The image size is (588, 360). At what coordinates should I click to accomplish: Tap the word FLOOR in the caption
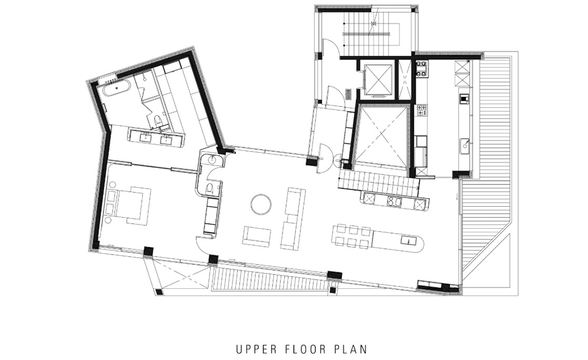click(305, 350)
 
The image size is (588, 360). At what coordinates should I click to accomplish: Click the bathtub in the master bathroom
click(116, 88)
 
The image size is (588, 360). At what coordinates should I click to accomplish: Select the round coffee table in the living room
click(261, 204)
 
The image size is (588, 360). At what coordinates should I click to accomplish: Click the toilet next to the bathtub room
click(158, 120)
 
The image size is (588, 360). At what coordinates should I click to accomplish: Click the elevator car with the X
click(379, 79)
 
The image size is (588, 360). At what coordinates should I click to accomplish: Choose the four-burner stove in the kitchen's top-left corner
click(421, 69)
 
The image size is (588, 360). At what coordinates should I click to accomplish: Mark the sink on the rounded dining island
click(407, 240)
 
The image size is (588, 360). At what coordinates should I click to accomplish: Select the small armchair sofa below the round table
click(257, 237)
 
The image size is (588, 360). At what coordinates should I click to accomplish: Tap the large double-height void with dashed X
click(381, 136)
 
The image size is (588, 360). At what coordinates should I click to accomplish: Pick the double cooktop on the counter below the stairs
click(395, 201)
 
